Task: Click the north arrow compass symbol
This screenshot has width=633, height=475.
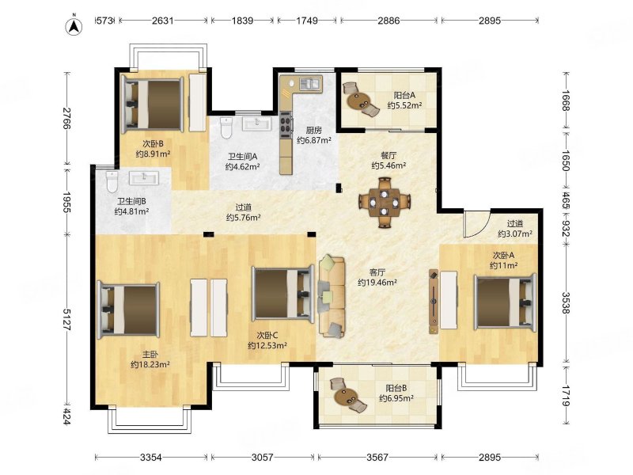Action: point(74,25)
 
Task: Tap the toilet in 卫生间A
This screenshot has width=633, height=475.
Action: point(226,127)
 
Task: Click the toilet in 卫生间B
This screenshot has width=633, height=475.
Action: point(112,182)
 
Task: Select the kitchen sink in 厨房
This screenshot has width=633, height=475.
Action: point(309,83)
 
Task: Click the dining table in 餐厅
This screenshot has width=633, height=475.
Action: point(385,201)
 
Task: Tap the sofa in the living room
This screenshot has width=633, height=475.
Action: point(332,296)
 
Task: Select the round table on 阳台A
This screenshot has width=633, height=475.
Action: point(358,101)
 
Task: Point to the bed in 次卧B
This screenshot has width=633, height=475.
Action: point(153,104)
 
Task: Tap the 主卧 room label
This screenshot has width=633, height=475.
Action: point(150,355)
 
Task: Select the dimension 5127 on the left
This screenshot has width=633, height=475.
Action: point(67,320)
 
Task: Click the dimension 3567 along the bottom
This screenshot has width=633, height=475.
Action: point(377,458)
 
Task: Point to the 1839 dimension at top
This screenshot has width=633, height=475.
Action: point(242,21)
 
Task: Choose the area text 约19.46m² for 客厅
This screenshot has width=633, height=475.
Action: point(377,283)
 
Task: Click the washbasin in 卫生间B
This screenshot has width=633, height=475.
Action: point(144,177)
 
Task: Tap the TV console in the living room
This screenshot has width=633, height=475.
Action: point(434,302)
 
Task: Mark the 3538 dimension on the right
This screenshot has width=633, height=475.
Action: point(566,303)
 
